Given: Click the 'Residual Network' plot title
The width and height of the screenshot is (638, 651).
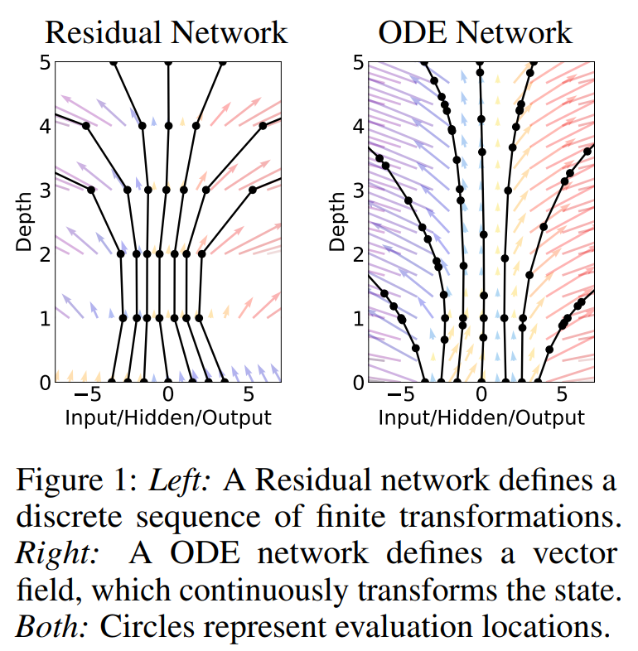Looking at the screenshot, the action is pos(167,32).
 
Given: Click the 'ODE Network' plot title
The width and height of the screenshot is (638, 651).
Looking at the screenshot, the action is pos(475,32).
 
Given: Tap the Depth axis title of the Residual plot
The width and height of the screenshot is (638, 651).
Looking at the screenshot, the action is pos(24,222).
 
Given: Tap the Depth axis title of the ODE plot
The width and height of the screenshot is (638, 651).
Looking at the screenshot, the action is pos(337,222).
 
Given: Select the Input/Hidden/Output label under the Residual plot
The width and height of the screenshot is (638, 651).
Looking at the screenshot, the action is pos(168,417).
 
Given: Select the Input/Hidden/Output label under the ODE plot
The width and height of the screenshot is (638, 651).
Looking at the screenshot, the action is pos(481,417).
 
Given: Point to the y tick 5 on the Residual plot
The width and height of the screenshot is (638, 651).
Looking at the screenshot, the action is pos(46,63).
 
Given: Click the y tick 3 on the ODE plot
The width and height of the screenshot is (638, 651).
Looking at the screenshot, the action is pos(359,190).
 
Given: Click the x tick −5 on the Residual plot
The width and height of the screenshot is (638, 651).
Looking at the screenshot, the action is pos(88,394).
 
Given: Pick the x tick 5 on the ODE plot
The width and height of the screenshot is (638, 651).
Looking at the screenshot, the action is pos(562,394).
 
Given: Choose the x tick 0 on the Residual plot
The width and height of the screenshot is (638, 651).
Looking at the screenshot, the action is pos(168,394).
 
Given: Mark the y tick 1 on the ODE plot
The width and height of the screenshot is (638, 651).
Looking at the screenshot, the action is pos(359,318).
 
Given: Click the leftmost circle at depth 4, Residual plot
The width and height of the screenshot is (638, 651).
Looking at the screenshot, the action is pos(86,126).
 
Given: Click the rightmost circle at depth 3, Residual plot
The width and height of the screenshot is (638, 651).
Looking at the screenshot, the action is pos(253,190).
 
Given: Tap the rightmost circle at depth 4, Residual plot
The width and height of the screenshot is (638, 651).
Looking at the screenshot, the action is pos(263,126).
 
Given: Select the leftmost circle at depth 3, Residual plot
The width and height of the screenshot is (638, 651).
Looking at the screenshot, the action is pos(91,190).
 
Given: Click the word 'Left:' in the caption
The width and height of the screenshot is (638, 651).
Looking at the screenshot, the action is pos(180,480).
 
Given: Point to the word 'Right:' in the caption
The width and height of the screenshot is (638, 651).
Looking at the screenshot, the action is pos(57,554).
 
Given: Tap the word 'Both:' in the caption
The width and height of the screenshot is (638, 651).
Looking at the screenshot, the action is pos(52,627).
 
